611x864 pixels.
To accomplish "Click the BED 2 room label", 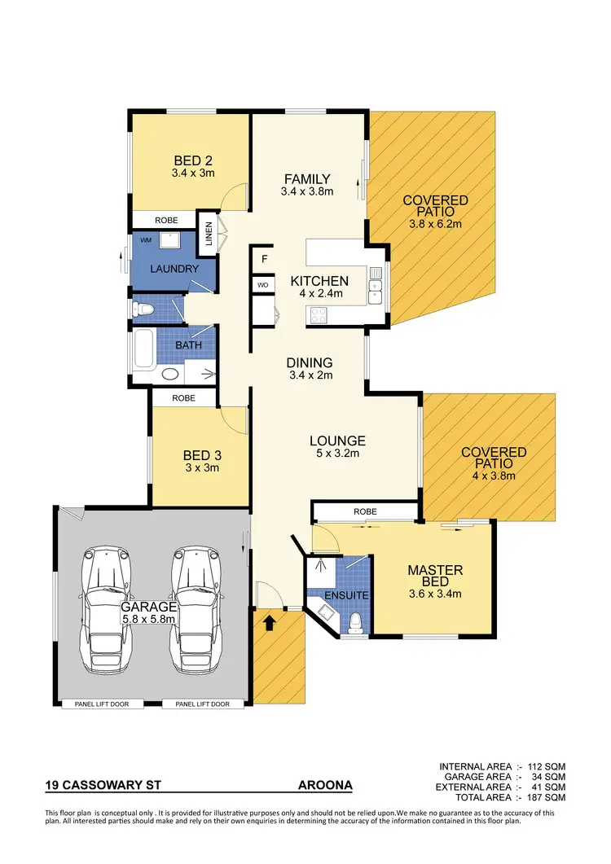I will pyautogui.click(x=193, y=160).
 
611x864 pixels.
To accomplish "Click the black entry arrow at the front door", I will pyautogui.click(x=268, y=622).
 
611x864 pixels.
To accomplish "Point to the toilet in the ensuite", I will pyautogui.click(x=354, y=623).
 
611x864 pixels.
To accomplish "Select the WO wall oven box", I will pyautogui.click(x=263, y=285).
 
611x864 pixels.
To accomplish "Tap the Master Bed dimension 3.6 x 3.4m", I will pyautogui.click(x=434, y=594).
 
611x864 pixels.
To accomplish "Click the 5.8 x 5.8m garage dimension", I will pyautogui.click(x=150, y=620).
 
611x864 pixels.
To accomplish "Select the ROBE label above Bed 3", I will pyautogui.click(x=184, y=398).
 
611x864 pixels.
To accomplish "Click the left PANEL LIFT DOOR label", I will pyautogui.click(x=102, y=704).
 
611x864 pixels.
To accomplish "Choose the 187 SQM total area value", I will pyautogui.click(x=548, y=797).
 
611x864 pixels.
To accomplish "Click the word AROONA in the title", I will pyautogui.click(x=325, y=786).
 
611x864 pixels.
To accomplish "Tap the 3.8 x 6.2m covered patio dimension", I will pyautogui.click(x=434, y=223).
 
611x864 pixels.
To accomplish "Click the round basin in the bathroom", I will pyautogui.click(x=169, y=375).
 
